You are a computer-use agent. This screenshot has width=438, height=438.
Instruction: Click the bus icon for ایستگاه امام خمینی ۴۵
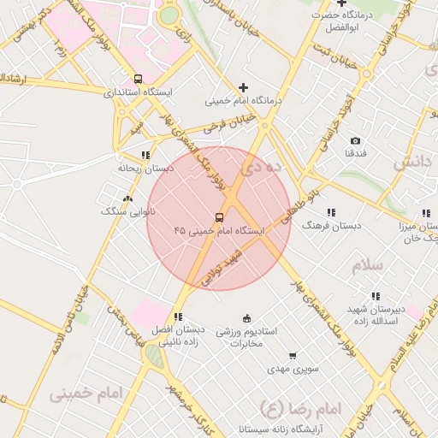pos(219,218)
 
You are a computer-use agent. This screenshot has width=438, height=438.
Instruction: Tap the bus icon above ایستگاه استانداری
pos(138,78)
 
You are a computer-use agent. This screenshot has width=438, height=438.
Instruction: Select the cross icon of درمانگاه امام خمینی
pos(244,87)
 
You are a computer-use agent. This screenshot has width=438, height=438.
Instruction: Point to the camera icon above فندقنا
pos(355,140)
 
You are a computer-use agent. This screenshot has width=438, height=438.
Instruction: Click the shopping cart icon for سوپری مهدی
pos(293,356)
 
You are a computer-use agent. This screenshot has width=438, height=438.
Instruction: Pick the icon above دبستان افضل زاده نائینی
pos(178,317)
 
